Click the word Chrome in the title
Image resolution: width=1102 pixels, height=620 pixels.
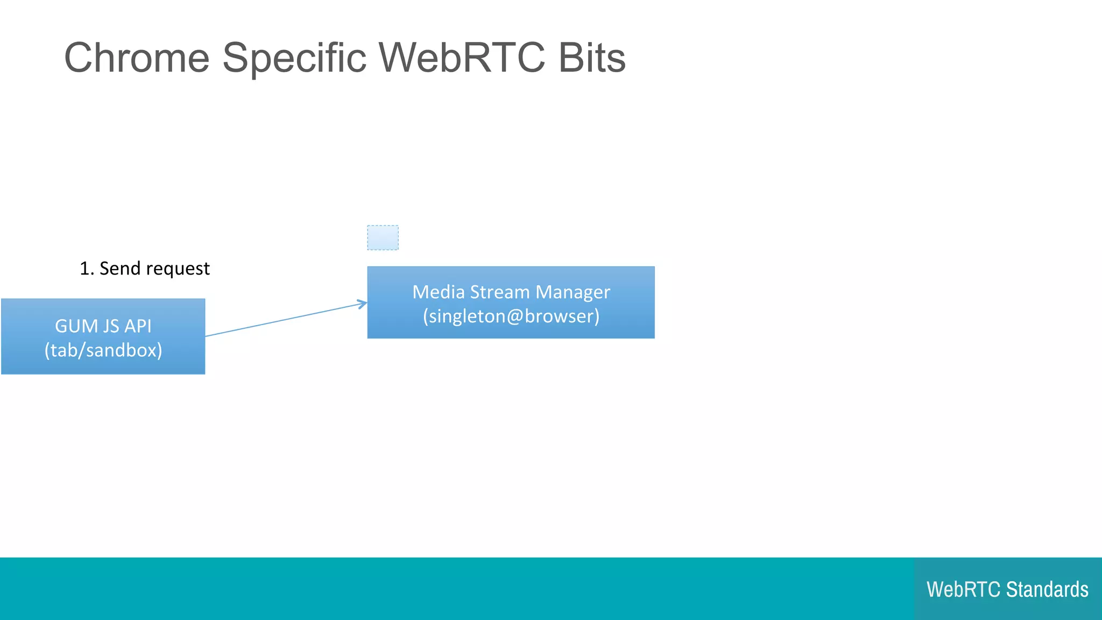click(x=137, y=58)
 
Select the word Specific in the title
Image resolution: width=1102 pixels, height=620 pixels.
click(x=294, y=58)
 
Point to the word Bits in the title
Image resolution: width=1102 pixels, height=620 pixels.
click(x=592, y=58)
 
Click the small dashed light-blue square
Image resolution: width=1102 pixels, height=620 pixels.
click(x=383, y=237)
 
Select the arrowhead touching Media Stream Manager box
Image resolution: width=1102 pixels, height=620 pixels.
click(x=363, y=304)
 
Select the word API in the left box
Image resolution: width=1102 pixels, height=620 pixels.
click(x=138, y=326)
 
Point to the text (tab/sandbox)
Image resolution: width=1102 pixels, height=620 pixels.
click(x=103, y=350)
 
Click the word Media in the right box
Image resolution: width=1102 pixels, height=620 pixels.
click(x=438, y=292)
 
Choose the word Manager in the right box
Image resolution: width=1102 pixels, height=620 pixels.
click(x=573, y=292)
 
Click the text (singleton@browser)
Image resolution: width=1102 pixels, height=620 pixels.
click(x=511, y=316)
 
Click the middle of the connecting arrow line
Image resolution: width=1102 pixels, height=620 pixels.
click(x=286, y=320)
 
